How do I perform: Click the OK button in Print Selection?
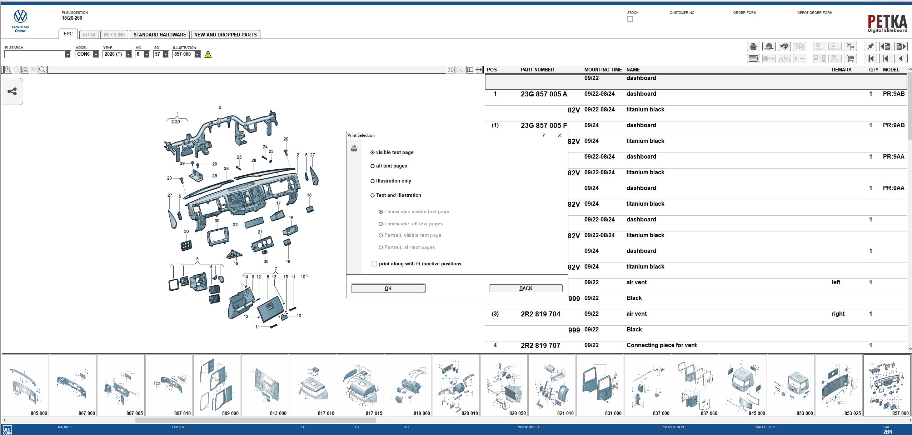[x=388, y=288]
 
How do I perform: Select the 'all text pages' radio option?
[x=373, y=166]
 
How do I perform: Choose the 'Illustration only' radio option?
[x=373, y=181]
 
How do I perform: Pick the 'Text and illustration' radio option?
[x=373, y=195]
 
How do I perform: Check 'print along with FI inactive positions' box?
[x=374, y=264]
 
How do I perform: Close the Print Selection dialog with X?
[x=560, y=135]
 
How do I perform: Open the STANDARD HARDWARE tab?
[x=160, y=35]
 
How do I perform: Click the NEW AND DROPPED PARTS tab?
[x=225, y=35]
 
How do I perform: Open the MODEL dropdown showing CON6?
[x=96, y=54]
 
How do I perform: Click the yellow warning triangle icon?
[x=208, y=54]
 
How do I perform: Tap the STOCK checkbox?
[x=630, y=19]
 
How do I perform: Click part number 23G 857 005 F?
[x=544, y=125]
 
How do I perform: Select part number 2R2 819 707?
[x=540, y=345]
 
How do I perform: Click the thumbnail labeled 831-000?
[x=600, y=385]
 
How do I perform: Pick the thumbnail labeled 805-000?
[x=25, y=385]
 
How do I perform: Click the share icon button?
[x=12, y=91]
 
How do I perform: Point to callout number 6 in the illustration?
[x=220, y=107]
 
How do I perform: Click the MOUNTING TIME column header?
[x=603, y=70]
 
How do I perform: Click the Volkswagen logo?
[x=20, y=16]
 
